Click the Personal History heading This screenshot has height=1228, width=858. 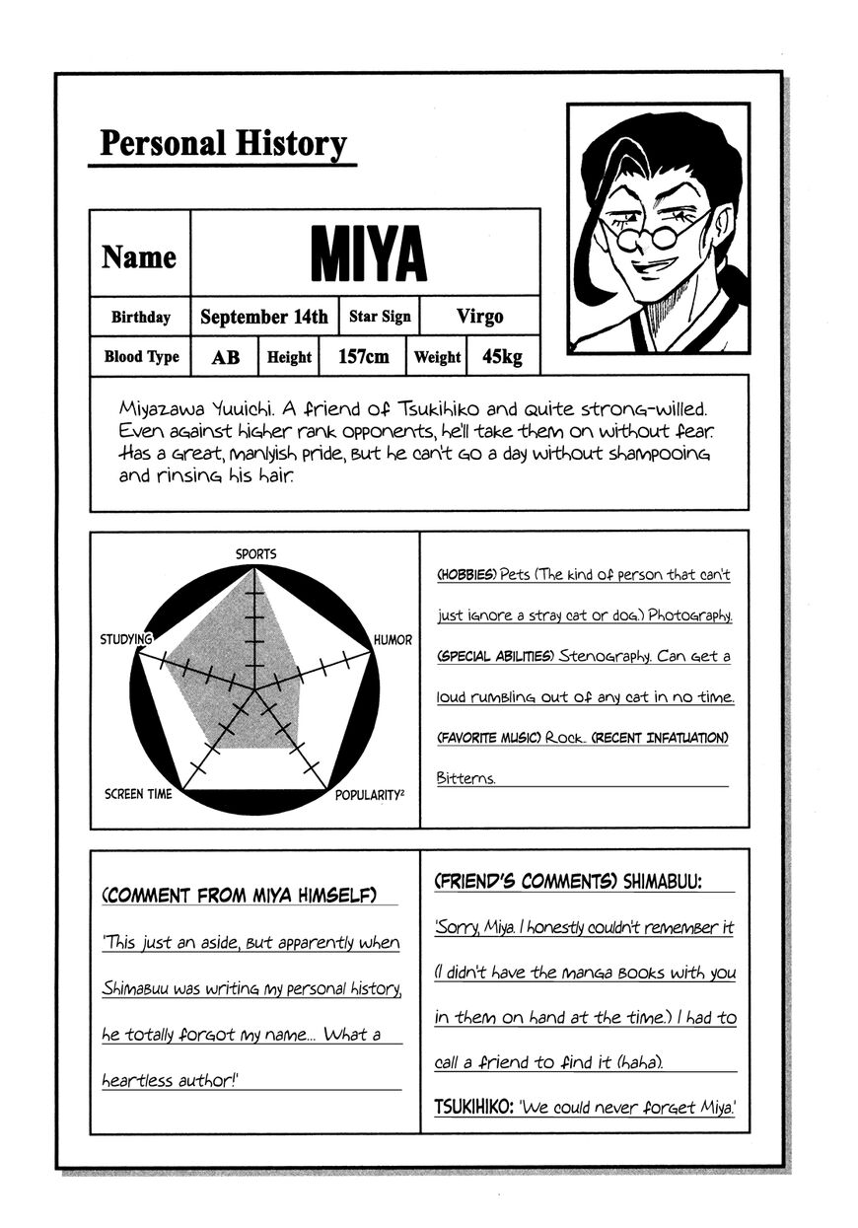tap(223, 144)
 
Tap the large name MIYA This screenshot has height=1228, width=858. tap(368, 254)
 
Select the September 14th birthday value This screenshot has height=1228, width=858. tap(263, 317)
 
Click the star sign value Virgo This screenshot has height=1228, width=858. tap(479, 317)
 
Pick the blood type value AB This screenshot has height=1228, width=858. tap(225, 357)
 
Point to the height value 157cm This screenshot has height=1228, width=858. tap(363, 357)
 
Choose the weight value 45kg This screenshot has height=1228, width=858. tap(502, 357)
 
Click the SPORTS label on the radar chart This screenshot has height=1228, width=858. tap(255, 554)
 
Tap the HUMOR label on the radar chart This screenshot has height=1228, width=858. tap(393, 640)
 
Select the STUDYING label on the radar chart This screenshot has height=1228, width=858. tap(125, 640)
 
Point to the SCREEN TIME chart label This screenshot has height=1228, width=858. tap(138, 794)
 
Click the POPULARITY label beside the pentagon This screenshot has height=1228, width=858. tap(370, 794)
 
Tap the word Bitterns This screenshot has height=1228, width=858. tap(465, 778)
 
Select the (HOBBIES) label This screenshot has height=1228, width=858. tap(465, 574)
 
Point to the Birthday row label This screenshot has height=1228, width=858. tap(140, 318)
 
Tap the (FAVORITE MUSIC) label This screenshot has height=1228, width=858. tap(488, 738)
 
